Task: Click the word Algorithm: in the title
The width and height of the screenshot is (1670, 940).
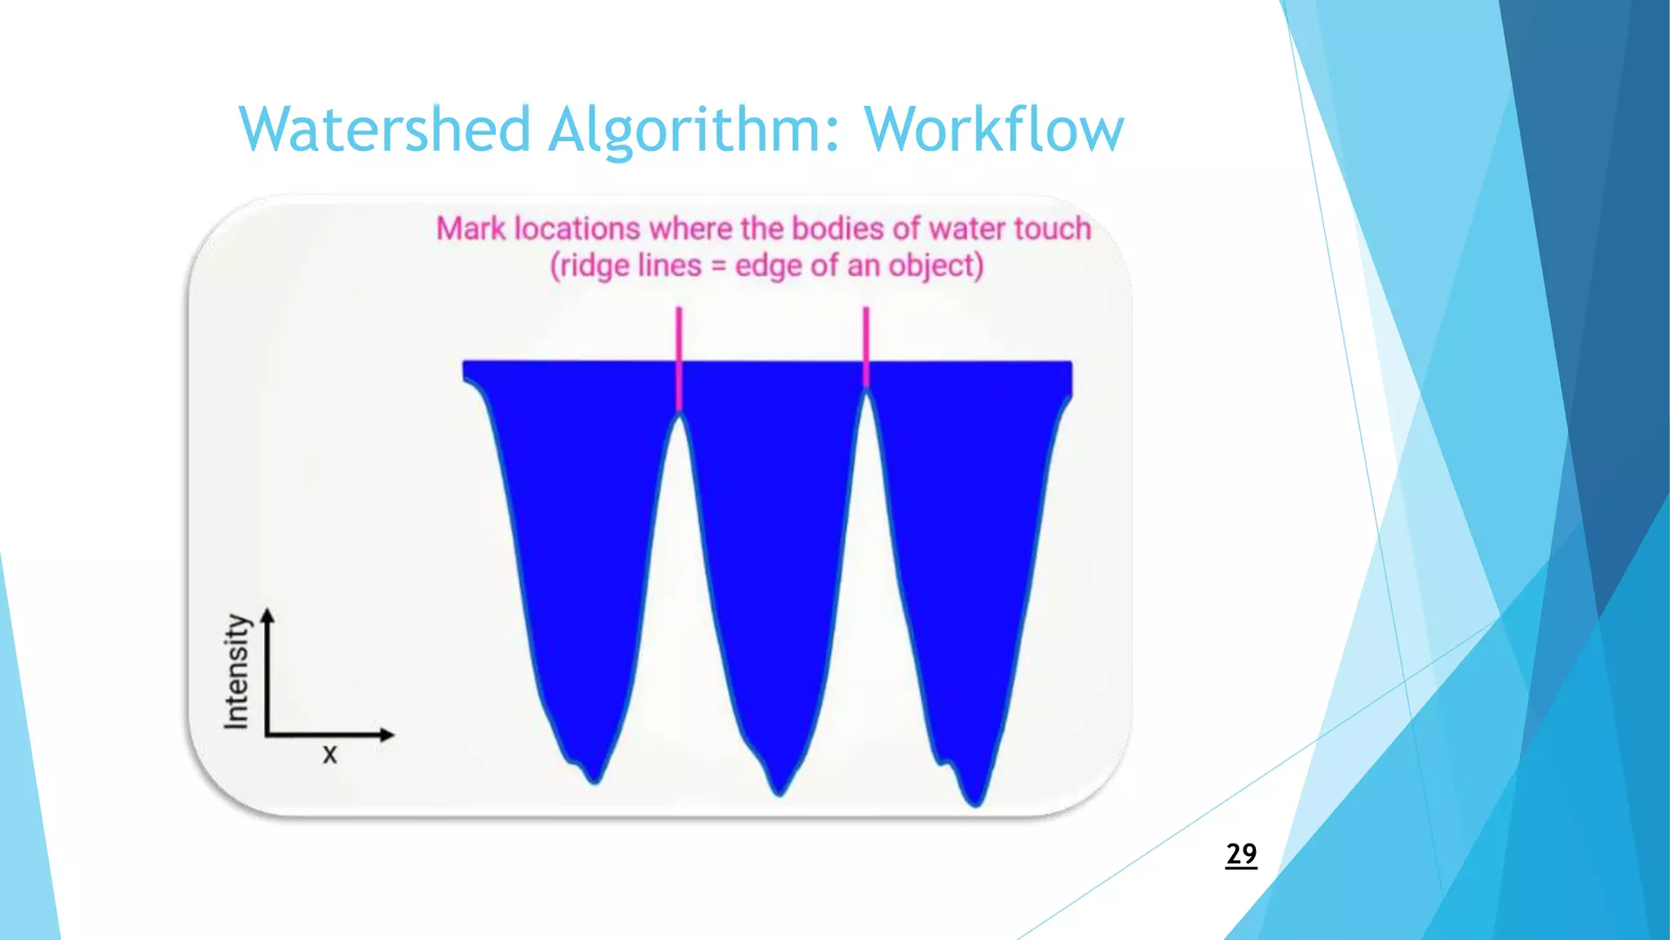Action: [693, 131]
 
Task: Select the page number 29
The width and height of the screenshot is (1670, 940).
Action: [1241, 854]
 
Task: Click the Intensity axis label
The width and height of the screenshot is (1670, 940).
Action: [236, 671]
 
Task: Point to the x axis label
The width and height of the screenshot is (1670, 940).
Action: [329, 754]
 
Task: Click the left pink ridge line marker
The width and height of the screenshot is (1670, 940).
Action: [678, 359]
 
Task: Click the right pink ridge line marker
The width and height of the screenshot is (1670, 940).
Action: [866, 347]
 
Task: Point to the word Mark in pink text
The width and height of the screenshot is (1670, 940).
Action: [471, 228]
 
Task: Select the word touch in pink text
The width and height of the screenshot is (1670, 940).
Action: [1052, 228]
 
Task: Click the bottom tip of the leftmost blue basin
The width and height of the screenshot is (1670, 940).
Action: [595, 780]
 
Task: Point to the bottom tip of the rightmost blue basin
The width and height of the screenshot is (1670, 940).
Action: [976, 803]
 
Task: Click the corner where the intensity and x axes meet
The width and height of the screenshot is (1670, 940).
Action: [267, 734]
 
